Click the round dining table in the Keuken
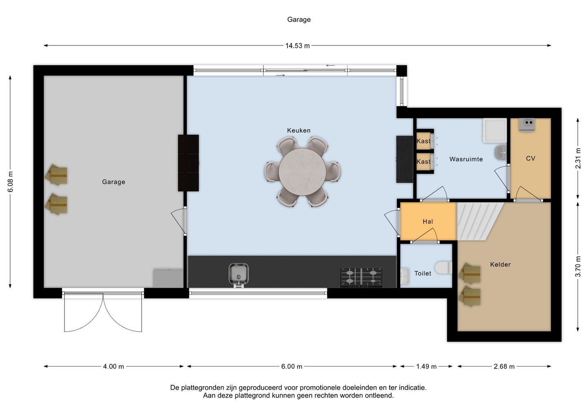(303, 172)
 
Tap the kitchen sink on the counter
(238, 275)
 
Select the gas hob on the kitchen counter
(361, 277)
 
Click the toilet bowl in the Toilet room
(443, 268)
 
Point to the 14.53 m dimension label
(297, 46)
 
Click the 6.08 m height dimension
(10, 181)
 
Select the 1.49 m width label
(426, 367)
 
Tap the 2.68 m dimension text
(504, 367)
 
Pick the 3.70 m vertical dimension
(578, 266)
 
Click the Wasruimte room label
(466, 159)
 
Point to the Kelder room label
(500, 264)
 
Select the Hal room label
(428, 221)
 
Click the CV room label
(530, 159)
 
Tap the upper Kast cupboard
(424, 141)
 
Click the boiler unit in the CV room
(527, 125)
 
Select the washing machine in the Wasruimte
(495, 130)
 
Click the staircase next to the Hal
(479, 221)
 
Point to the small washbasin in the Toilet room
(405, 276)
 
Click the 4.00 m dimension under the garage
(114, 367)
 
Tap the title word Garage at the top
(299, 20)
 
